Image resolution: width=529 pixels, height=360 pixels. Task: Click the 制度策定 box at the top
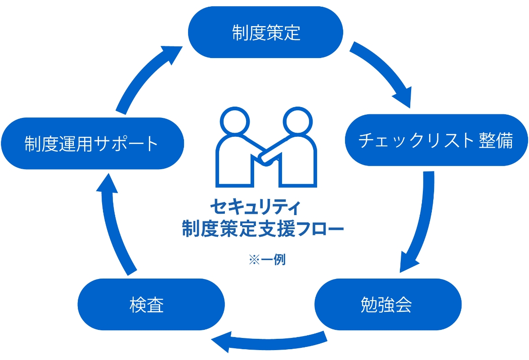click(265, 32)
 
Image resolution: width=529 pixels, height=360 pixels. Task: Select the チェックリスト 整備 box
click(436, 140)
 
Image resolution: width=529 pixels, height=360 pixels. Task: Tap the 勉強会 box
click(387, 305)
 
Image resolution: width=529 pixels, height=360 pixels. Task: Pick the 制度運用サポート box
click(92, 144)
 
